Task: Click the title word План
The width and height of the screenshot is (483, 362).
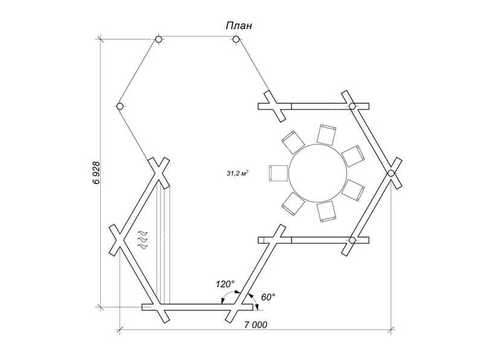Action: (x=239, y=25)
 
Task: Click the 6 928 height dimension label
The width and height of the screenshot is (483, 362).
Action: (x=97, y=173)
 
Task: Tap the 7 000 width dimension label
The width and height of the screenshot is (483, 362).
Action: (x=256, y=325)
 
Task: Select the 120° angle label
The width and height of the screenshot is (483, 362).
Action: (x=225, y=284)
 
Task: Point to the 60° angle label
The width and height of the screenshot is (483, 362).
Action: (x=268, y=297)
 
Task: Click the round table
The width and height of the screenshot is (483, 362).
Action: (x=316, y=173)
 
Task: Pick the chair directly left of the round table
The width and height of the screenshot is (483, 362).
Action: (x=278, y=173)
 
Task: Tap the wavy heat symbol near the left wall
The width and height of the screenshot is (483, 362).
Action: (x=142, y=239)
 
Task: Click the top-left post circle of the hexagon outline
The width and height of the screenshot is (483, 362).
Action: (x=158, y=39)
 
